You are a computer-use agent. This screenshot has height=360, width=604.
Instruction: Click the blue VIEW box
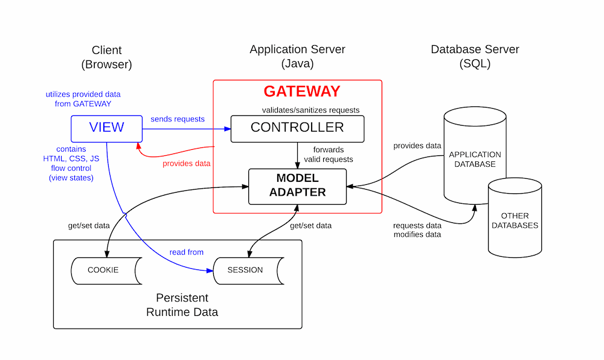pos(106,127)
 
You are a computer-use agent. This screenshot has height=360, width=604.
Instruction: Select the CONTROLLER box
pos(297,128)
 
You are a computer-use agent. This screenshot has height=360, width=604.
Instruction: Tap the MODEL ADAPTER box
pos(297,185)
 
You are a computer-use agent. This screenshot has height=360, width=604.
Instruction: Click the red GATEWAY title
pos(301,92)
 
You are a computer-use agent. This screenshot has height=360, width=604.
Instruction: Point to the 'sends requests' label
pos(178,119)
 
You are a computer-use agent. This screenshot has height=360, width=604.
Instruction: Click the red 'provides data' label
pos(187,164)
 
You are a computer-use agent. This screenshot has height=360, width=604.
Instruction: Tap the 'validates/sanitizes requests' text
pos(310,110)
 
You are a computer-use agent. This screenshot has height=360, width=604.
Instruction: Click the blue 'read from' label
pos(186,252)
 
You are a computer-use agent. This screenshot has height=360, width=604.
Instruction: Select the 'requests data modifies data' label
pos(417,230)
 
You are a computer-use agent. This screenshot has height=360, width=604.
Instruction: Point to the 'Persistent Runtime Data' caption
pos(182,305)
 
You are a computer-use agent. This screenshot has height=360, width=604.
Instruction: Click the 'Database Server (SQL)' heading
pos(474,56)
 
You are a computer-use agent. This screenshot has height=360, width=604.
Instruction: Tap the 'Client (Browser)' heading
pos(106,57)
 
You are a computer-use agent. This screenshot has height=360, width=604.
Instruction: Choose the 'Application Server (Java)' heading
pos(297,56)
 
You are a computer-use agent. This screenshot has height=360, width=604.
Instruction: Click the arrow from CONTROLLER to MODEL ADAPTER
pos(297,156)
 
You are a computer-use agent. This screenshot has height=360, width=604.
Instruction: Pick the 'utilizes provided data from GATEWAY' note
pos(83,99)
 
